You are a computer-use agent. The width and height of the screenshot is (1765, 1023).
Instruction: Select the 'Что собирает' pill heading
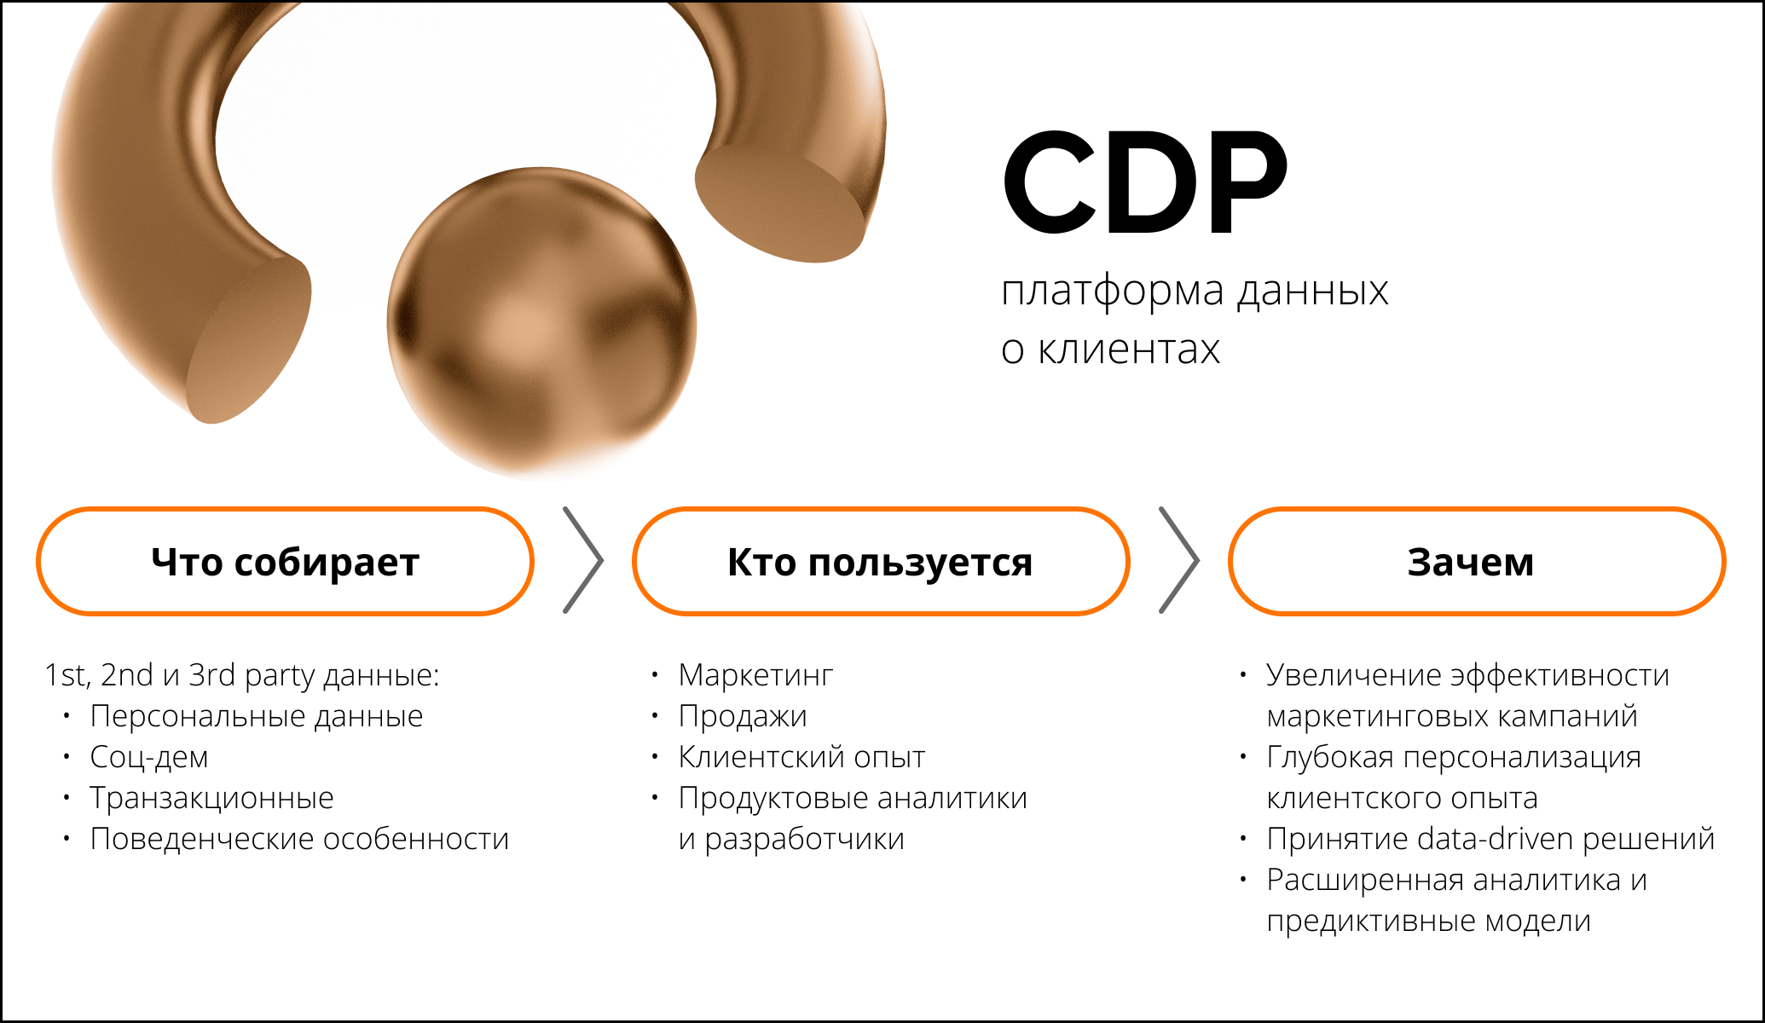point(285,562)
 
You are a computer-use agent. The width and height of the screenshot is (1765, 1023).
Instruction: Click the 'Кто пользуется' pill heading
point(880,562)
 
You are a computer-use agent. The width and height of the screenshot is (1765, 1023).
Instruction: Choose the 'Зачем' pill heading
point(1476,562)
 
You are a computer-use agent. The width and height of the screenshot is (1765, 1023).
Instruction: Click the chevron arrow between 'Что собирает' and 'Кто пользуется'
point(583,560)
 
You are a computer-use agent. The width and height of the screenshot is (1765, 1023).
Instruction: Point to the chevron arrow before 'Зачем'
point(1179,560)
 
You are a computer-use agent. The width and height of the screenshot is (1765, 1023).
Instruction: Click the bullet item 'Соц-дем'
point(149,757)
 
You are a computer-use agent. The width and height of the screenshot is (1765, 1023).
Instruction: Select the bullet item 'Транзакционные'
point(211,798)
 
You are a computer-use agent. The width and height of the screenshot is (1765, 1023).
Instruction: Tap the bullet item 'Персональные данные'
point(257,716)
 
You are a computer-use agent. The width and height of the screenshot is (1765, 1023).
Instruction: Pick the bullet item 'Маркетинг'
point(755,675)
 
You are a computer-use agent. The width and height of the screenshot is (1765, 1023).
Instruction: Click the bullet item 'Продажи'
point(743,716)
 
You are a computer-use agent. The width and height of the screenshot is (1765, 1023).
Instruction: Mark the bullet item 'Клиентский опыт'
point(801,757)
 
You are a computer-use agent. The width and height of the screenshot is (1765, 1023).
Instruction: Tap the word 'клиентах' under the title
point(1128,350)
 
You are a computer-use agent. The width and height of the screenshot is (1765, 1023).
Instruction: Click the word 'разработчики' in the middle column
point(804,840)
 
